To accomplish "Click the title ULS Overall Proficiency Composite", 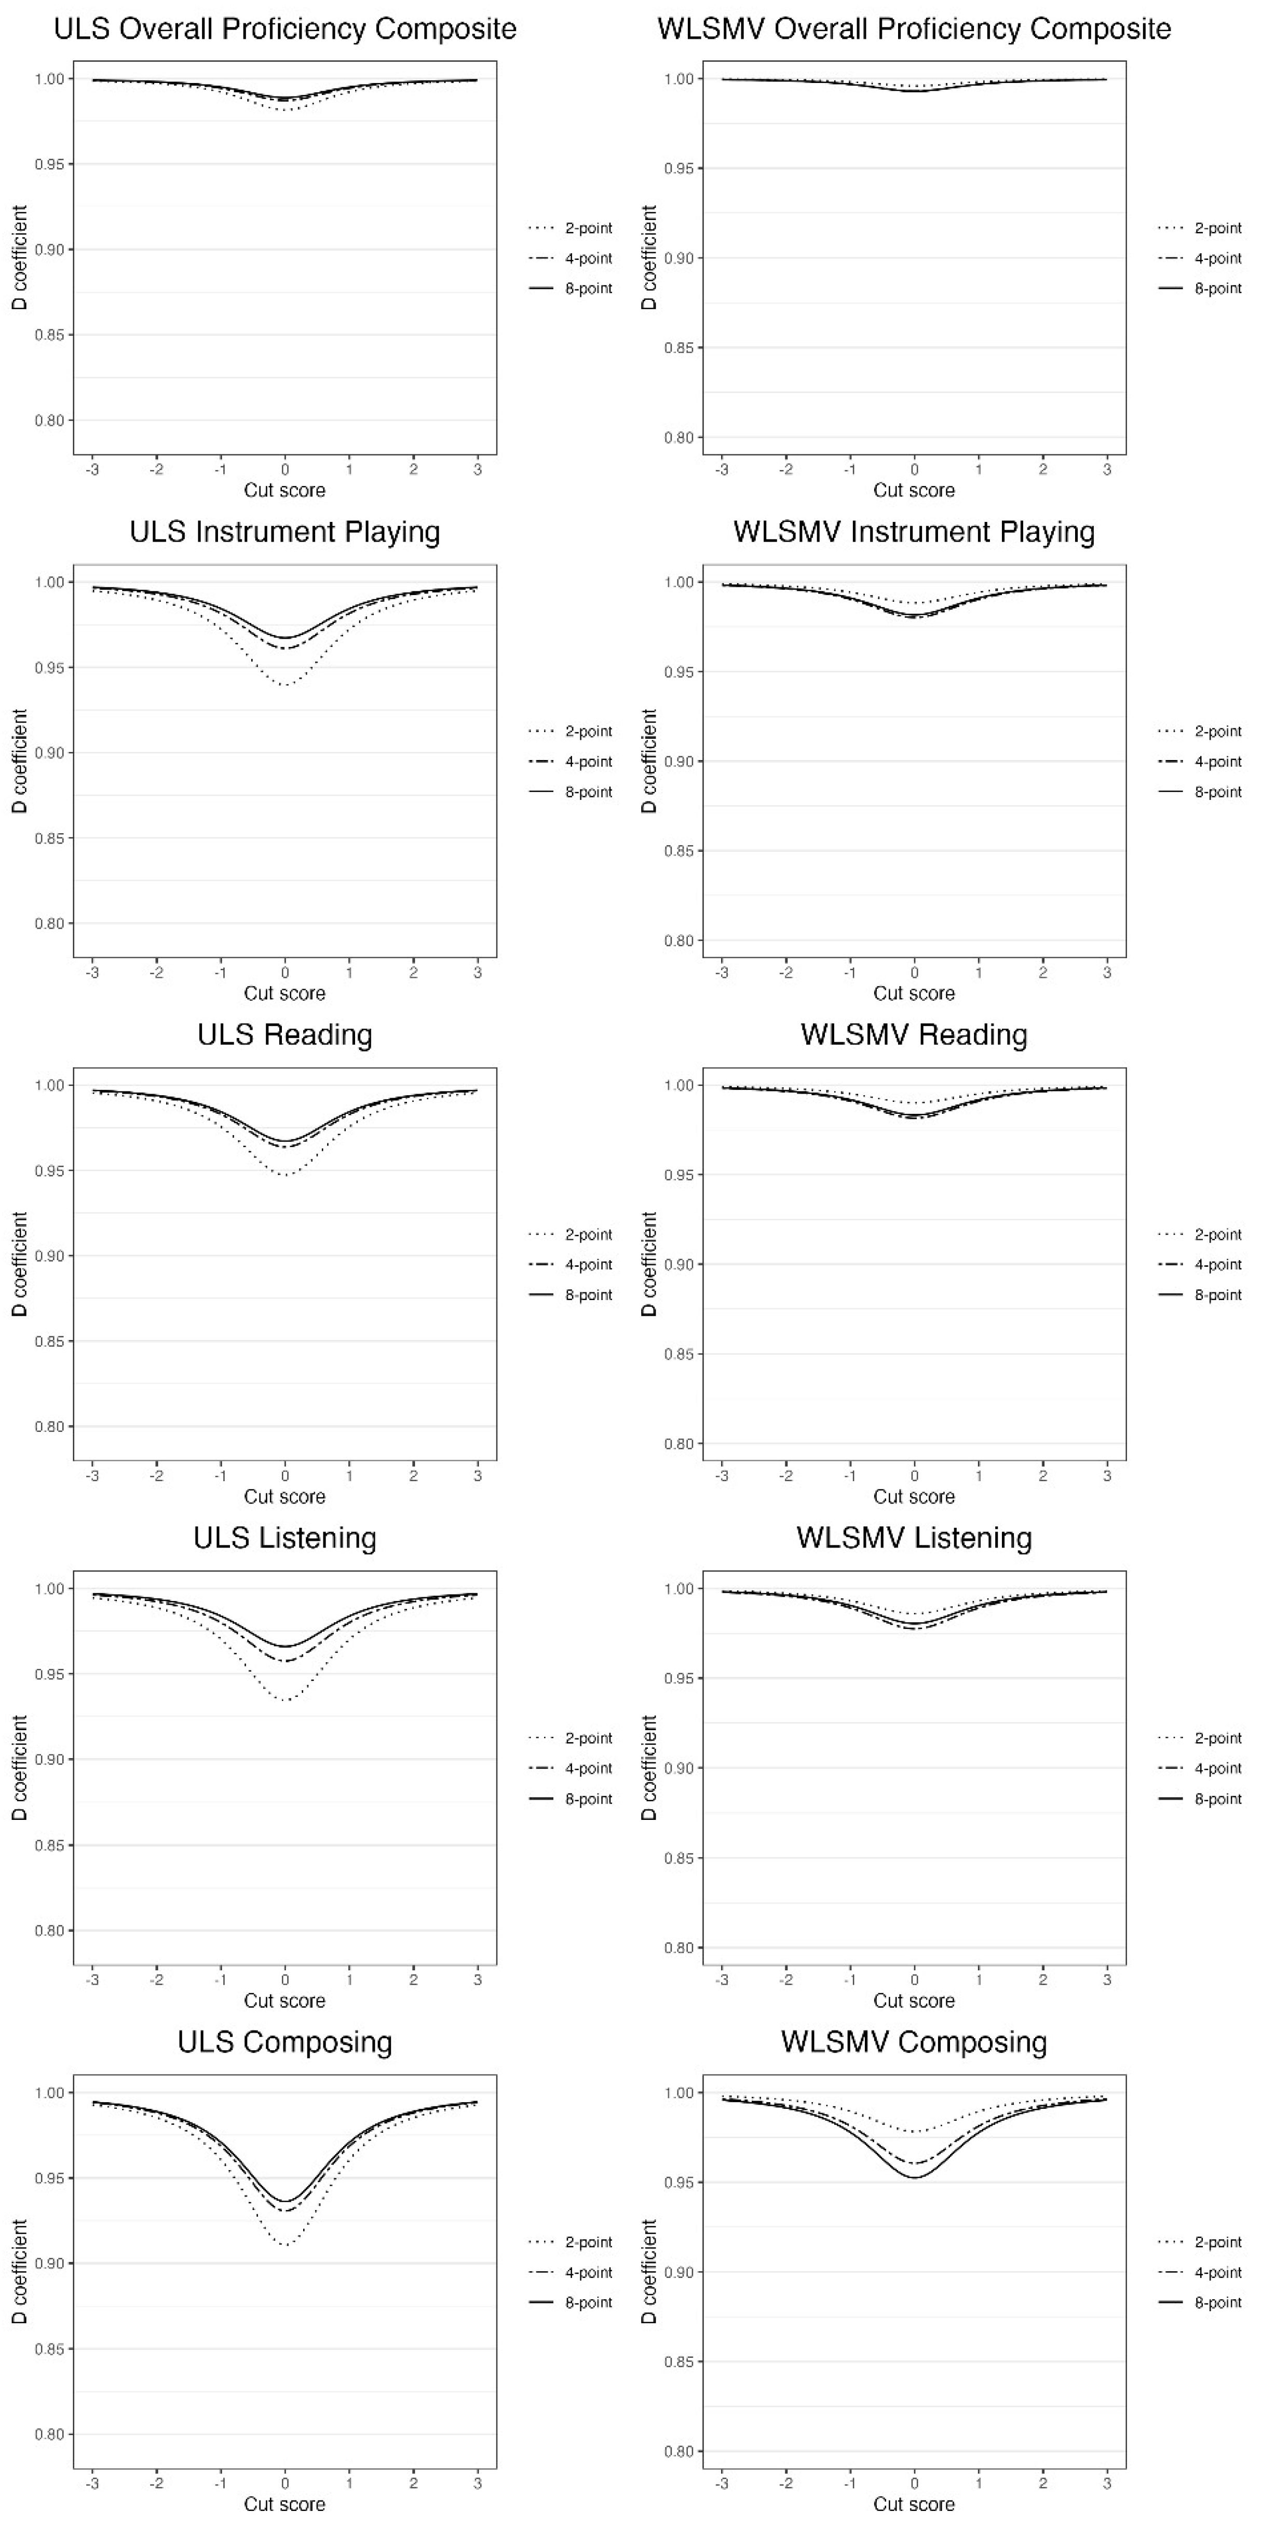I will coord(284,30).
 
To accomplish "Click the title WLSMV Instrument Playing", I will coord(914,533).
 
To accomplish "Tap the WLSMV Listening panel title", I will coord(914,1538).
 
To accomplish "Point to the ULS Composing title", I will coord(284,2042).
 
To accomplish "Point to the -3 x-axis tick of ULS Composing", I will coord(92,2484).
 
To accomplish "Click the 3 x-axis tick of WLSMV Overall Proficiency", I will coord(1107,470).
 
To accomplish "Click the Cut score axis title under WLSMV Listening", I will coord(914,2001).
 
